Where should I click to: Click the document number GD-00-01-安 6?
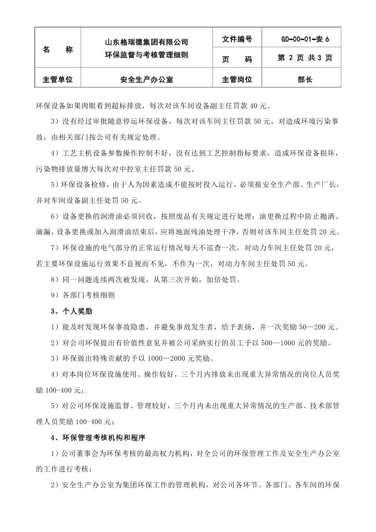[x=305, y=40]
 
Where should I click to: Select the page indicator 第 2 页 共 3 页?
[x=305, y=58]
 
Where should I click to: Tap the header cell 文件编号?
[x=237, y=40]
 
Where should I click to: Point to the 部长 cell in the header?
[x=305, y=80]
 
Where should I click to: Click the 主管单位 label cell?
[x=58, y=80]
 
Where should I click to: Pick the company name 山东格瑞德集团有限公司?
[x=146, y=42]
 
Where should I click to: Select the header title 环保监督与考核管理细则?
[x=146, y=55]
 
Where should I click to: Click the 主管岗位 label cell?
[x=237, y=80]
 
